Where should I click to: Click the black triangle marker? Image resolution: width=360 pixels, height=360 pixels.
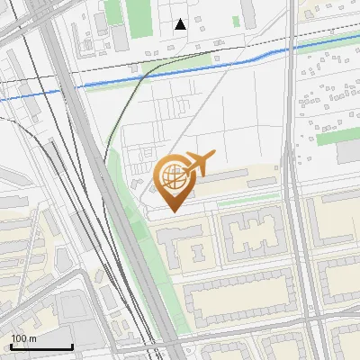point(181,24)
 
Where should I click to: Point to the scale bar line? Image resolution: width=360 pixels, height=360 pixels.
point(41,347)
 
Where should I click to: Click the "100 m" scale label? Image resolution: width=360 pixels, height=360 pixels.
point(24,338)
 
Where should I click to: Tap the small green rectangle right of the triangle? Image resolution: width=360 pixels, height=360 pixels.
point(236,21)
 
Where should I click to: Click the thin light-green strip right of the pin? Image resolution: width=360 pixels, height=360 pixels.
point(247,201)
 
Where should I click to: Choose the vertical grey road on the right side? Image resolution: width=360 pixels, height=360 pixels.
point(296,180)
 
